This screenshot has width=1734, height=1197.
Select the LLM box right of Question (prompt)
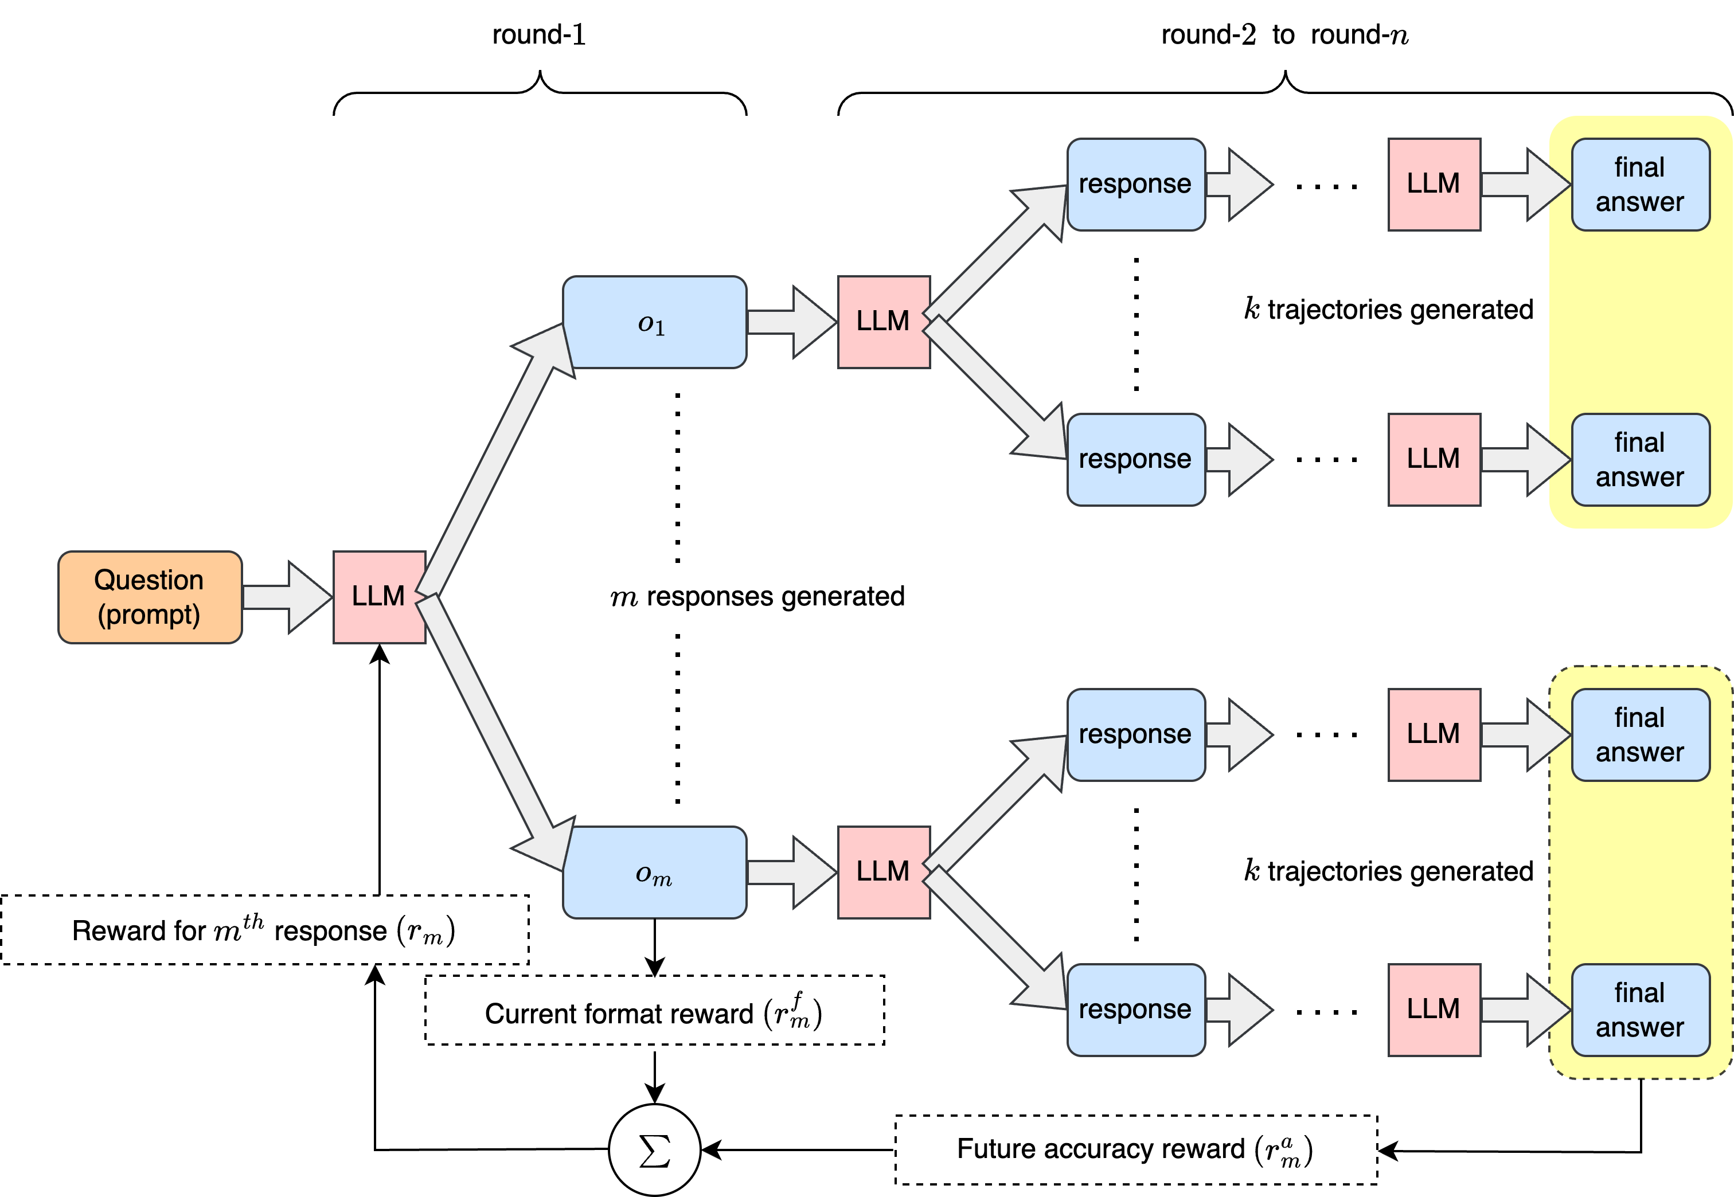[380, 597]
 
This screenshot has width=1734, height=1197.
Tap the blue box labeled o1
[654, 323]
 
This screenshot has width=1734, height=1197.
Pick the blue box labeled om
[654, 873]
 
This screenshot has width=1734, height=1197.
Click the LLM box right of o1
[884, 323]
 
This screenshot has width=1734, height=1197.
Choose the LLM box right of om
[884, 873]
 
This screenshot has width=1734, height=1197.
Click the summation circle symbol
[654, 1150]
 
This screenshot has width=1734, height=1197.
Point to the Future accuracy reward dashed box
[1135, 1150]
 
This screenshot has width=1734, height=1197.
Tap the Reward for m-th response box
[264, 930]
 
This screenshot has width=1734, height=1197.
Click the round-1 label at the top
[538, 34]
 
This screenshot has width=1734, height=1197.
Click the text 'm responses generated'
[757, 597]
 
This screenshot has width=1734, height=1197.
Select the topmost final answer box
[1641, 185]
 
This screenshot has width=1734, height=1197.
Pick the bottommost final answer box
[1641, 1010]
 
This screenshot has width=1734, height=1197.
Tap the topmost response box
[1135, 185]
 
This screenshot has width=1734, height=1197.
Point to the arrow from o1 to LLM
[792, 323]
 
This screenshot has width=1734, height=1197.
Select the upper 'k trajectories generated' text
[1388, 309]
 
